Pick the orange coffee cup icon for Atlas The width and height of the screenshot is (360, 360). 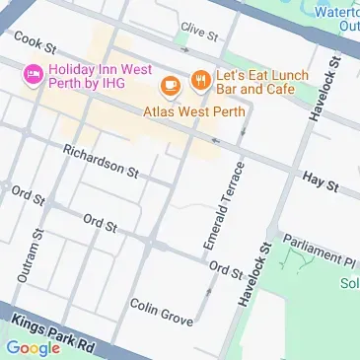[x=170, y=86]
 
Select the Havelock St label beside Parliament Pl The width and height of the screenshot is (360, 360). [x=252, y=275]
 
